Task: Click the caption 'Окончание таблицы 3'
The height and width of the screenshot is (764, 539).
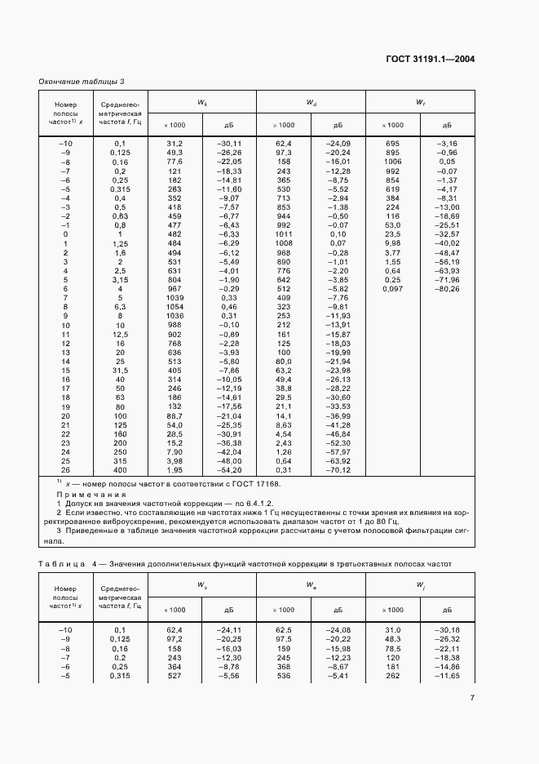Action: coord(82,82)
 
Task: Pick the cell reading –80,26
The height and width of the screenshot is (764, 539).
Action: coord(447,288)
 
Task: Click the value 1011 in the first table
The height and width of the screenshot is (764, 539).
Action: coord(284,234)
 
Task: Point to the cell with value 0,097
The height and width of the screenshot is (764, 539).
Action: coord(392,288)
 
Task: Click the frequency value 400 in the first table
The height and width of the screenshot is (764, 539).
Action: coord(120,470)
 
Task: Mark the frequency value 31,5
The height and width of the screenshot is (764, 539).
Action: coord(120,371)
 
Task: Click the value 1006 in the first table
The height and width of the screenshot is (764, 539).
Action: coord(392,162)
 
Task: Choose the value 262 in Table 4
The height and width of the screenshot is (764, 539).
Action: coord(392,675)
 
